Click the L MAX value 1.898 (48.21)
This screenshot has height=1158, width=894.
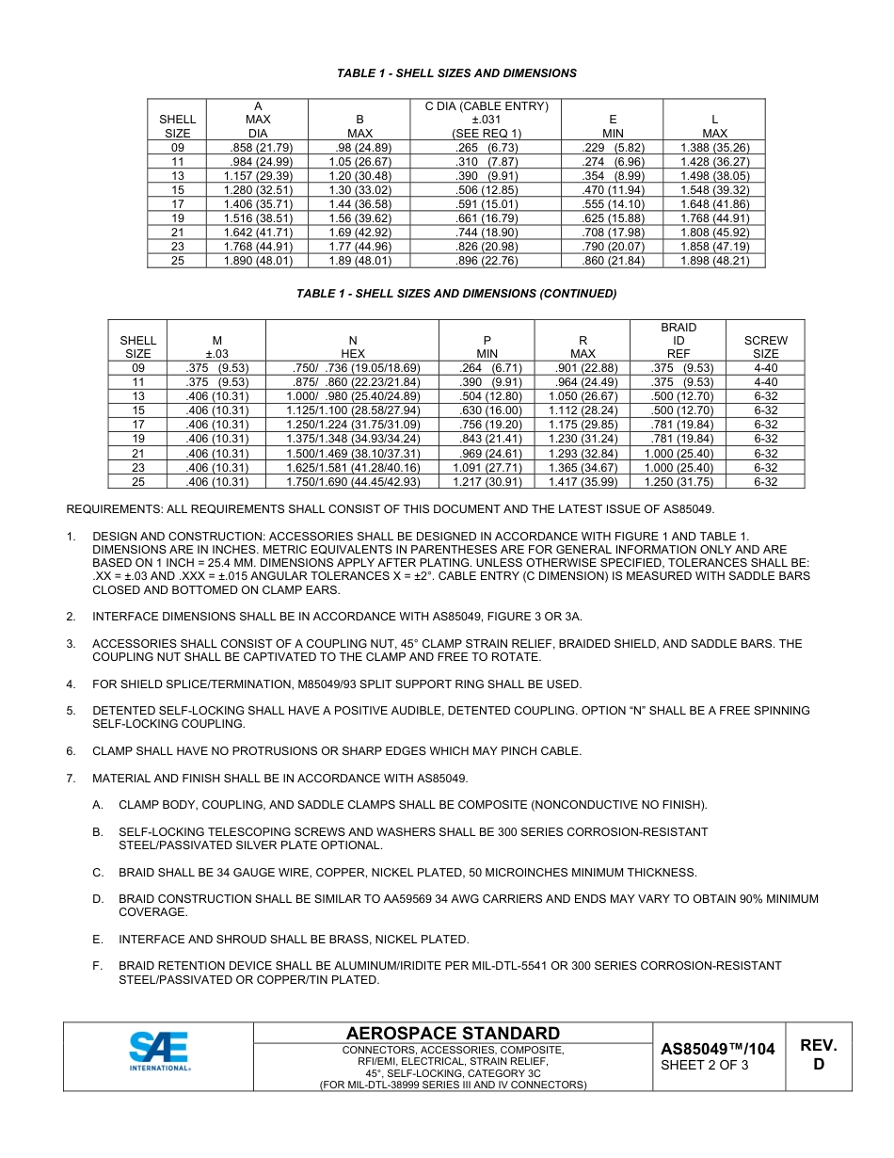(x=714, y=261)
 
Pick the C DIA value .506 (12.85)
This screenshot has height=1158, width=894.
(x=486, y=190)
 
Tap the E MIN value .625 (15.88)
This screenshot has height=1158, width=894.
(x=613, y=218)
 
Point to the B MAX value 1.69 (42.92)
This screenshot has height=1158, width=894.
(x=360, y=233)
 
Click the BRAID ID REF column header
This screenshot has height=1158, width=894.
(x=678, y=341)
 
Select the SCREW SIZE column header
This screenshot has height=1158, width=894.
(x=765, y=347)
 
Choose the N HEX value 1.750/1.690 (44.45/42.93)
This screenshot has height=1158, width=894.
(x=353, y=482)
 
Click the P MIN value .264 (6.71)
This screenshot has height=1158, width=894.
(x=487, y=368)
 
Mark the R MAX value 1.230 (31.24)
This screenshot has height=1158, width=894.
(x=583, y=439)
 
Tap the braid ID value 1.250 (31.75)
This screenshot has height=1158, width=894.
(x=678, y=482)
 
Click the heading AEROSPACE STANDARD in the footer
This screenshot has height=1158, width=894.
(x=453, y=1034)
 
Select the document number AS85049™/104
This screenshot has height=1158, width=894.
(x=717, y=1049)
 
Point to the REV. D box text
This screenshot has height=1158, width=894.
(x=818, y=1055)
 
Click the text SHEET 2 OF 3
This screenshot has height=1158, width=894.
(x=705, y=1066)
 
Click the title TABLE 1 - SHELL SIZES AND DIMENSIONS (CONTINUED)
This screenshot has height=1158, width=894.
(x=456, y=294)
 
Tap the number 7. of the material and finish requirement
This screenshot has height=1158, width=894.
(x=71, y=779)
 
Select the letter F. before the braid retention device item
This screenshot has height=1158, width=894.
(x=98, y=966)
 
